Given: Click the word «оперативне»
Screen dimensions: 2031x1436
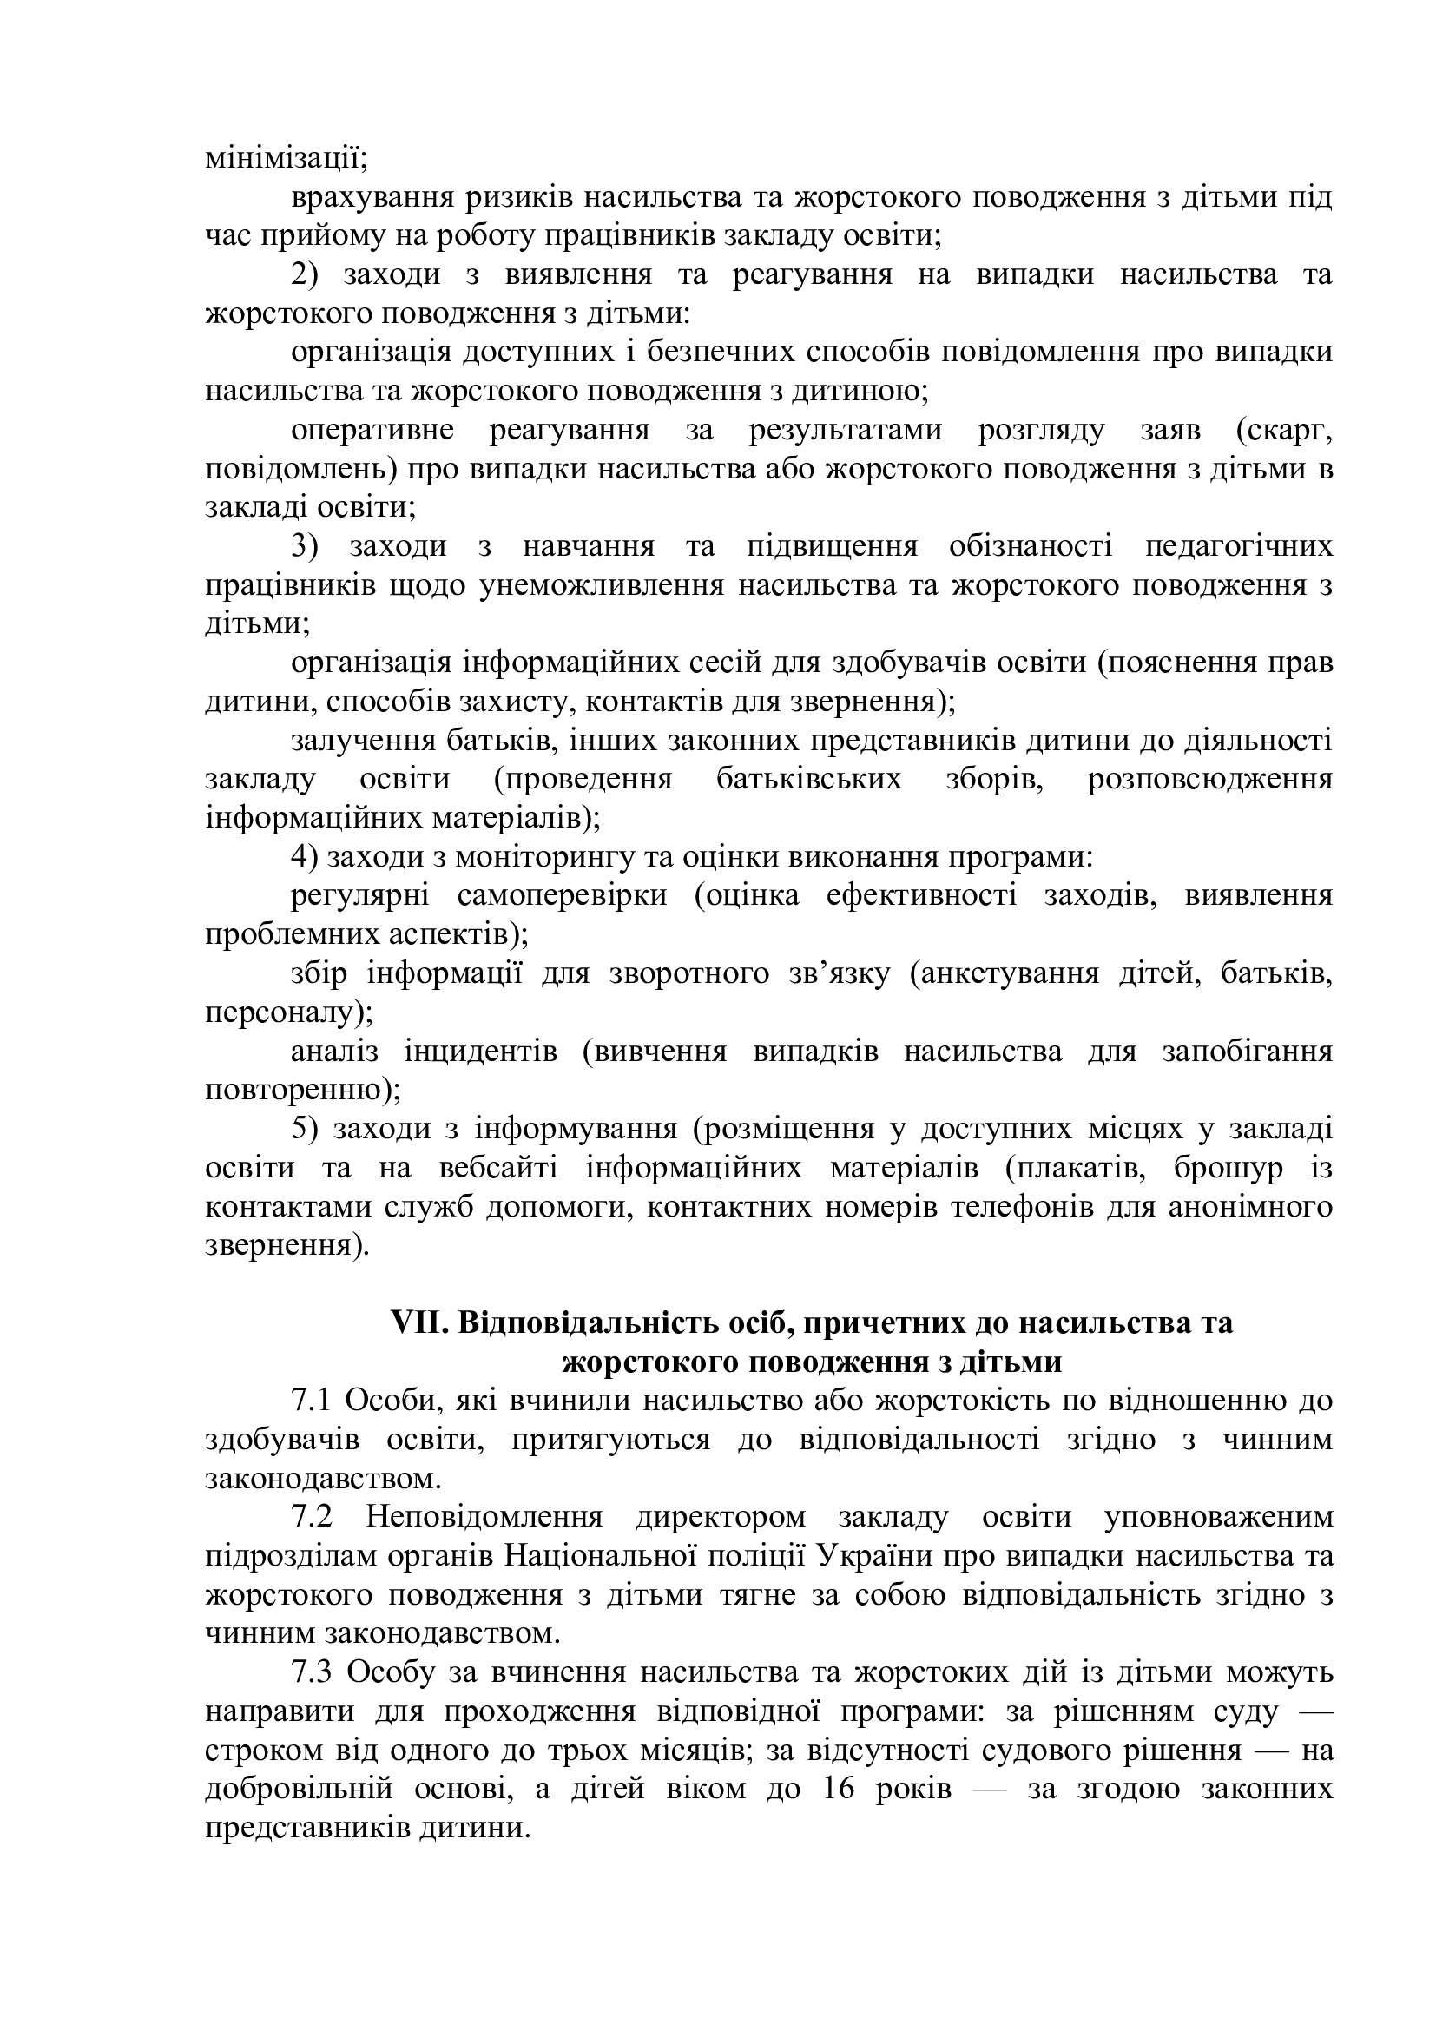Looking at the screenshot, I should click(x=372, y=431).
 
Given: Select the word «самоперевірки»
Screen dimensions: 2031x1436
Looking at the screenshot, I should click(x=563, y=896).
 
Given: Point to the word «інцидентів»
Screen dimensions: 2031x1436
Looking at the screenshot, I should click(x=480, y=1052).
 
